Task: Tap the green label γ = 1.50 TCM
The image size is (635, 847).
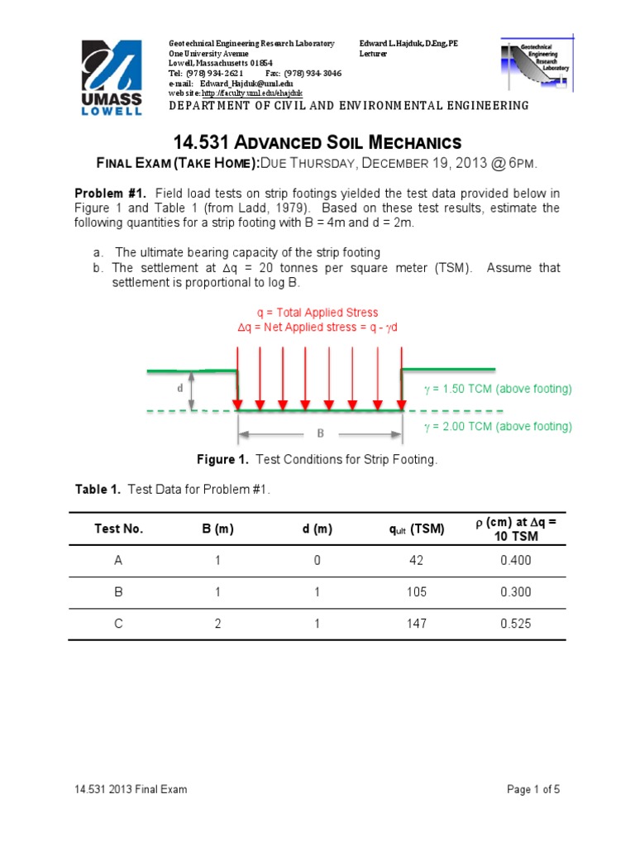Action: [497, 388]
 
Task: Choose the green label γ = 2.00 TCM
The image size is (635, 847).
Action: [497, 427]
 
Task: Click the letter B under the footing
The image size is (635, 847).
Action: [320, 433]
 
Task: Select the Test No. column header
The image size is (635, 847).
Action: [119, 529]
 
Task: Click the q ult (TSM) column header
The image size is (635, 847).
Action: [417, 529]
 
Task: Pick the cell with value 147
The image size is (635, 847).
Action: [417, 623]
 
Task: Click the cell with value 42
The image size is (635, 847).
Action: [417, 561]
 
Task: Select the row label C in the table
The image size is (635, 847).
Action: [118, 623]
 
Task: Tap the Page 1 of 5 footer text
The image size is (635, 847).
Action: [533, 789]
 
